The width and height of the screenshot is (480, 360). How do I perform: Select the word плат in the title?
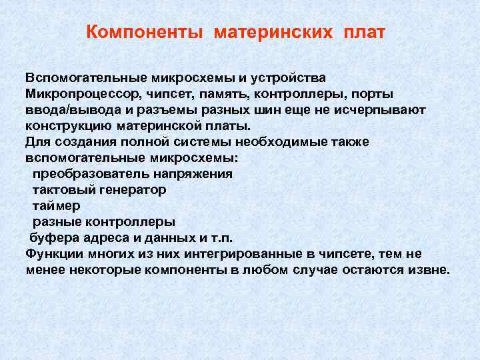(365, 33)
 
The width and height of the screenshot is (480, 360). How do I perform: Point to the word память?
(211, 93)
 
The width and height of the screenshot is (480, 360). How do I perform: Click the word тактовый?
(63, 190)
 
